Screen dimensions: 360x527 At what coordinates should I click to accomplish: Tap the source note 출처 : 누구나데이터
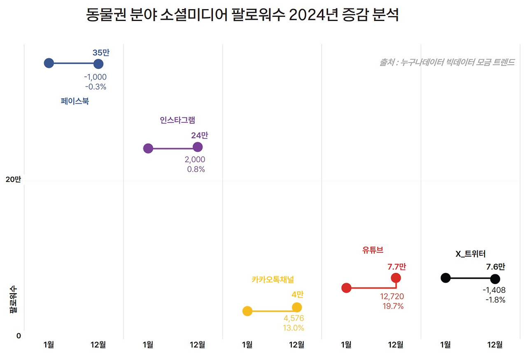point(447,63)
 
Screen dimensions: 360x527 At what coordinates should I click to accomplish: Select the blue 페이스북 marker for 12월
point(98,64)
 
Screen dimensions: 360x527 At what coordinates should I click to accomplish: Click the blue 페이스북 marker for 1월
point(49,63)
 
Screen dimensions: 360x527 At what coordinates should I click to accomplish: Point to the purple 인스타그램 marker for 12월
point(198,147)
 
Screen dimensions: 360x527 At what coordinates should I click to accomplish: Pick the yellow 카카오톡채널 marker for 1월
point(247,311)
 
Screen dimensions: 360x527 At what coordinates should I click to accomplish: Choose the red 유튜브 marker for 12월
point(396,278)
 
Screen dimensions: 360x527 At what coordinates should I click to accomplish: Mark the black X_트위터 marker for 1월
point(445,278)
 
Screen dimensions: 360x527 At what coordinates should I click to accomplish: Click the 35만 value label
point(101,53)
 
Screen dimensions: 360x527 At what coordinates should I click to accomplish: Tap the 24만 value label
point(200,136)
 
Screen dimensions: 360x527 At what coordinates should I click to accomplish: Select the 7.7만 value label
point(396,266)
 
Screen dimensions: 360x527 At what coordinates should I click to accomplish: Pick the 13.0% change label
point(293,328)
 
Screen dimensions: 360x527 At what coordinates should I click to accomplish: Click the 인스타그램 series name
point(177,120)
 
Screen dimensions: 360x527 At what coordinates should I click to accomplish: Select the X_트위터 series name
point(470,254)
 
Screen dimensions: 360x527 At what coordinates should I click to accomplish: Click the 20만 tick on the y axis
point(13,180)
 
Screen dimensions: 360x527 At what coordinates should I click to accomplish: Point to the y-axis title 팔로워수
point(13,299)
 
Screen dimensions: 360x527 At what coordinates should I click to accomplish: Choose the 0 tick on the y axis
point(19,336)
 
